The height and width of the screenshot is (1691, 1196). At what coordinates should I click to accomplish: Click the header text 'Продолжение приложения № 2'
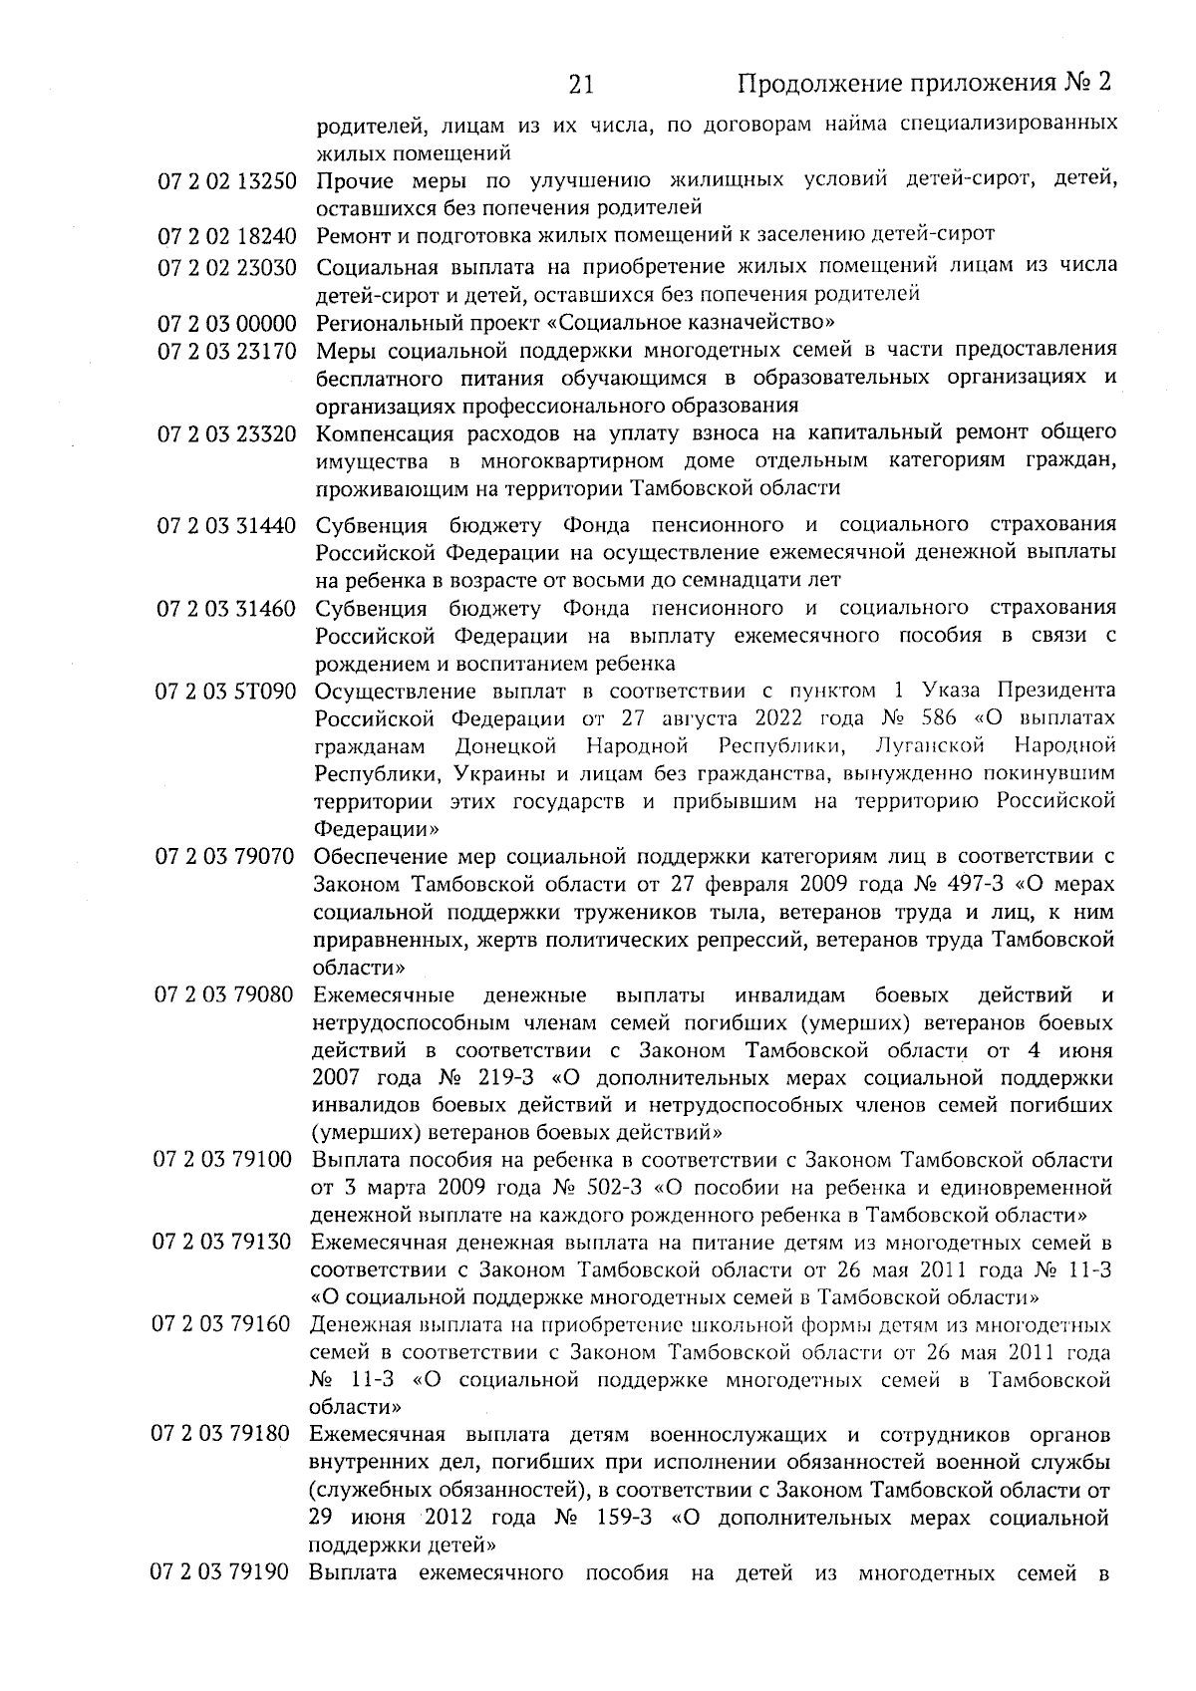[923, 84]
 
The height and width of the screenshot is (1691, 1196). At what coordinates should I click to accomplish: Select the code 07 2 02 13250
[227, 181]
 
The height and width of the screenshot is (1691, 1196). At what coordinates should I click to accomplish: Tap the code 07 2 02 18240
[227, 236]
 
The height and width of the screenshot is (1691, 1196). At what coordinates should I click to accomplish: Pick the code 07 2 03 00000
[227, 323]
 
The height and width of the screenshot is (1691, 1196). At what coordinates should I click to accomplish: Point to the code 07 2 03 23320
[227, 434]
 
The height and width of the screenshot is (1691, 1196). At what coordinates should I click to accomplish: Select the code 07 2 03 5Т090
[227, 691]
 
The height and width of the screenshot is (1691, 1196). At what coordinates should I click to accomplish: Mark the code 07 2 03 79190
[221, 1574]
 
